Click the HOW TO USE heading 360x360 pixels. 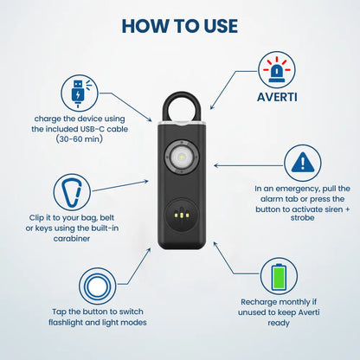(180, 25)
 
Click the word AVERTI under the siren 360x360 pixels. (278, 96)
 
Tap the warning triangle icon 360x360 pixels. (302, 161)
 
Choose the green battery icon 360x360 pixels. (278, 277)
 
